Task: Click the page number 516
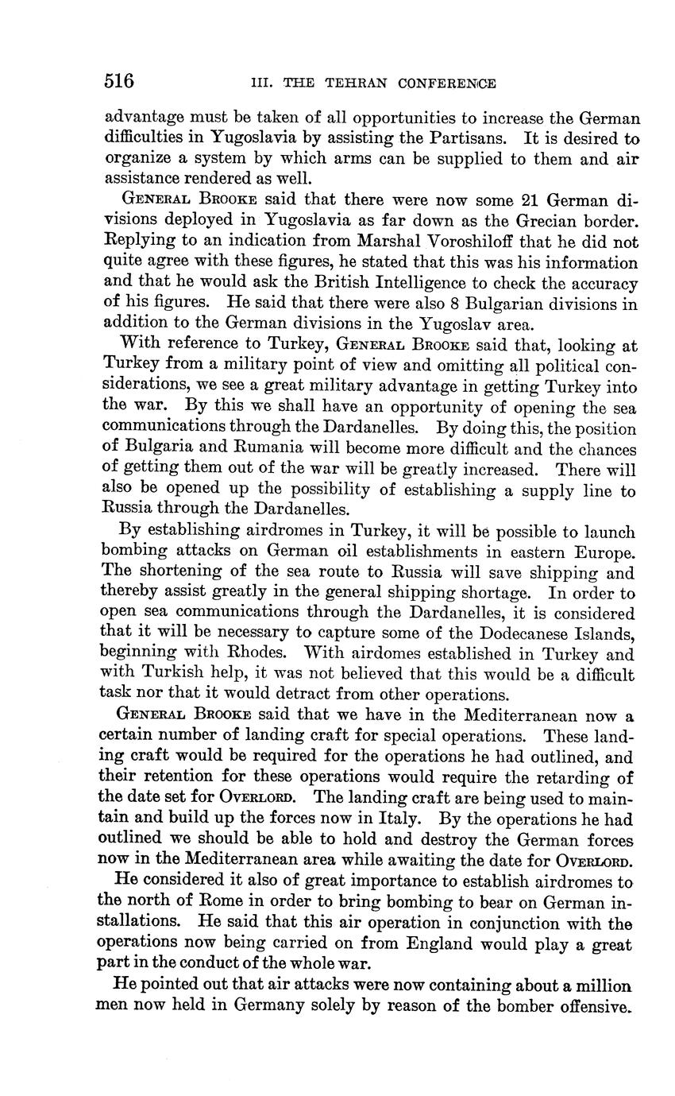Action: pyautogui.click(x=118, y=81)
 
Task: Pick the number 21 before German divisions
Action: pyautogui.click(x=531, y=199)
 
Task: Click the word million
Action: pyautogui.click(x=599, y=986)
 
